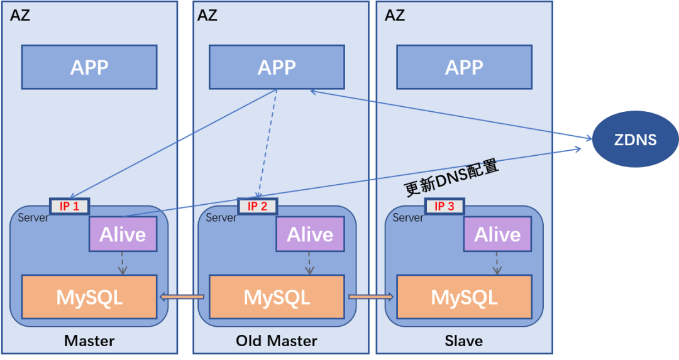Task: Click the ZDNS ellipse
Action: click(x=636, y=139)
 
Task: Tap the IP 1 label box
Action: click(x=70, y=206)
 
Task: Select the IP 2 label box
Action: click(x=257, y=206)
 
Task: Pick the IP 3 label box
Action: click(x=444, y=206)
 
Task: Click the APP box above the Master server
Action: click(x=89, y=67)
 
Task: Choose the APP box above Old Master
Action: click(x=277, y=67)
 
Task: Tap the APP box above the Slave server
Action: click(x=464, y=67)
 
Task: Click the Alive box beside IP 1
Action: click(x=123, y=234)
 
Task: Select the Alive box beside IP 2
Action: click(x=310, y=234)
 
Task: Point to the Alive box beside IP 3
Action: click(x=497, y=234)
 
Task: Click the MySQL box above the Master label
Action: click(x=89, y=297)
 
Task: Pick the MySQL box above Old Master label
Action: click(x=277, y=297)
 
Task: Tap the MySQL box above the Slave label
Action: click(x=464, y=297)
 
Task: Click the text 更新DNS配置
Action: click(x=451, y=178)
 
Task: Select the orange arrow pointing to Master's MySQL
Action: click(x=182, y=297)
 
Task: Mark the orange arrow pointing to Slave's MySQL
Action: click(x=370, y=297)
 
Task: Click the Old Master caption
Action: click(x=277, y=341)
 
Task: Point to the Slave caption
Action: click(x=464, y=341)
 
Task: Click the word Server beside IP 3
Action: click(x=408, y=218)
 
